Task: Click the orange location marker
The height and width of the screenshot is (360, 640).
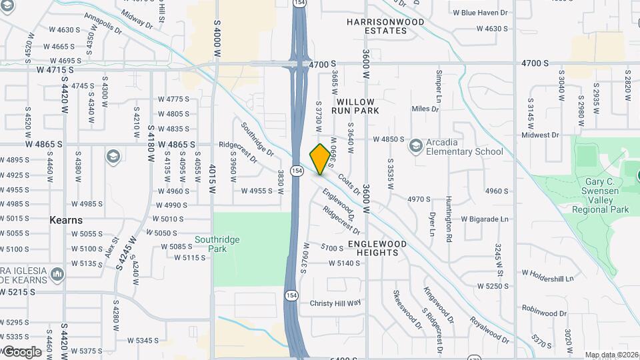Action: click(x=320, y=159)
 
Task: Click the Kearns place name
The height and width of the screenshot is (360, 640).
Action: click(x=66, y=220)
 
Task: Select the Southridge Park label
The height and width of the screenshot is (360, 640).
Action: click(x=217, y=244)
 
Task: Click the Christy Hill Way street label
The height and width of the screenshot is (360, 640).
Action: click(x=335, y=303)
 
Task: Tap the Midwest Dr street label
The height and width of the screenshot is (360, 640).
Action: click(x=540, y=135)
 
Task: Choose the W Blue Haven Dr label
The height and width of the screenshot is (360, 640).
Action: click(x=480, y=13)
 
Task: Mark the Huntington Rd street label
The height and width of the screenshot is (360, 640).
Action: click(x=449, y=227)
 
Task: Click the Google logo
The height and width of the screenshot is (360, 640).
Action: click(x=22, y=351)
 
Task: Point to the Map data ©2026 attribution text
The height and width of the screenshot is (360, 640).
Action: click(x=611, y=355)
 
